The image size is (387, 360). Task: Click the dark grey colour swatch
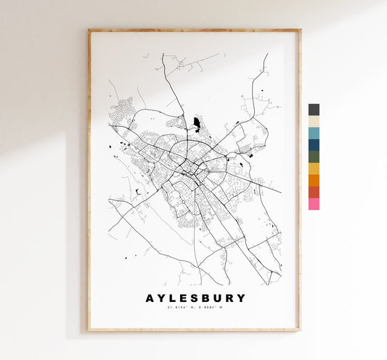[x=314, y=110]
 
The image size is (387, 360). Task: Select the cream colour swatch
[x=314, y=121]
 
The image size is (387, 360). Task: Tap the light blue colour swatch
[x=314, y=134]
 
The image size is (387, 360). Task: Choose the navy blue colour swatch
[x=314, y=145]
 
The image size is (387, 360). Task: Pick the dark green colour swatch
[x=314, y=157]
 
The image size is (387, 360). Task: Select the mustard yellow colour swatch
[x=314, y=168]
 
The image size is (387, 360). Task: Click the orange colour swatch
[x=314, y=180]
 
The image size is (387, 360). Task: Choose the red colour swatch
[x=314, y=192]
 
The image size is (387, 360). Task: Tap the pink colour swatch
[x=314, y=204]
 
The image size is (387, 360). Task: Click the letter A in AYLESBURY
[x=150, y=298]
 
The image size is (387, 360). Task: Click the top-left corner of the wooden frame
[x=89, y=30]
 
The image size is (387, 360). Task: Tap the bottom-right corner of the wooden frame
[x=299, y=330]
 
